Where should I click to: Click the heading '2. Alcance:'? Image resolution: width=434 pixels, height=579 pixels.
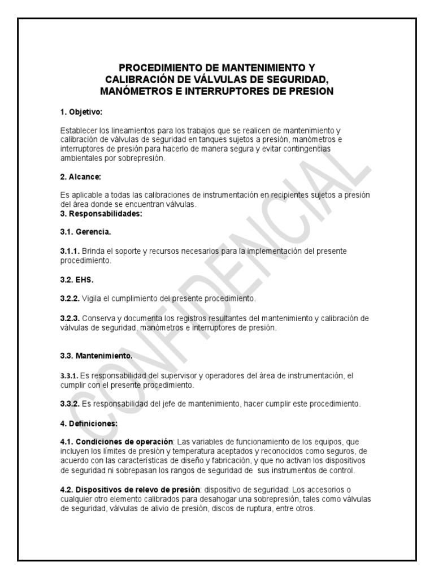[80, 177]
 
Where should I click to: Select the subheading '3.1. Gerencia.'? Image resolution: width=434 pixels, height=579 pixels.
[86, 232]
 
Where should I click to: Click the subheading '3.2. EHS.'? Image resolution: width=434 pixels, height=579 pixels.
[77, 279]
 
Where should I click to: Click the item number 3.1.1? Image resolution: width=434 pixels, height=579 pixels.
[70, 250]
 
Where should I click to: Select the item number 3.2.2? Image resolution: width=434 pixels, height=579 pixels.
[70, 297]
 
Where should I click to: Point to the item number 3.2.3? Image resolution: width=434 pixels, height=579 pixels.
[70, 318]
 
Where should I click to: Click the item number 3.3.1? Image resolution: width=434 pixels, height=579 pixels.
[70, 375]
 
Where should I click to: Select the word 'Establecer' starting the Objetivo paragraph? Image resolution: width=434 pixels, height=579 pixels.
[77, 131]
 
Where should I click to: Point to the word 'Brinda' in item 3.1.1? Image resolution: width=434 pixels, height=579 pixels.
[93, 250]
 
